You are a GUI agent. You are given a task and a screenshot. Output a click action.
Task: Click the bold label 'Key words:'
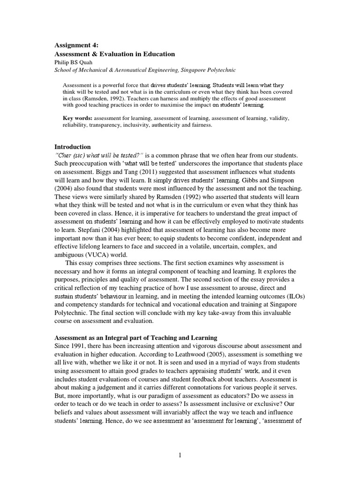pos(78,118)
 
